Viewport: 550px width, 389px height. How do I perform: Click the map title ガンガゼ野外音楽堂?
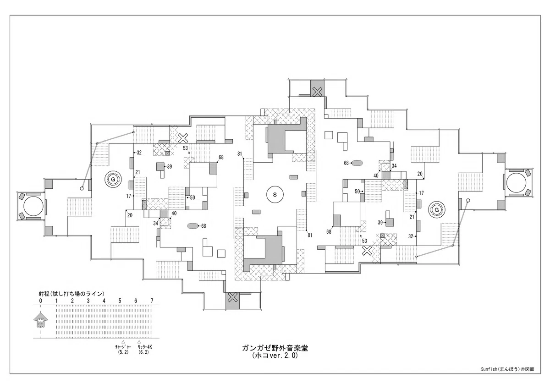pos(275,348)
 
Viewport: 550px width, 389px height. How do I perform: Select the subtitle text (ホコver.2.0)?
pos(275,356)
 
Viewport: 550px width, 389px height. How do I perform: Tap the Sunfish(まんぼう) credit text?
pos(507,376)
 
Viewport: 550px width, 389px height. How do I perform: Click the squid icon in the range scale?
pos(40,320)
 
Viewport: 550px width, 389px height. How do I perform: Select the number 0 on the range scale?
pos(40,301)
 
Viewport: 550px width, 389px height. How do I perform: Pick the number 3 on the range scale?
pos(88,301)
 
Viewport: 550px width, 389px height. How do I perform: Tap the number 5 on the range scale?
pos(120,301)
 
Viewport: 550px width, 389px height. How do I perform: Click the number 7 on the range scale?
pos(152,301)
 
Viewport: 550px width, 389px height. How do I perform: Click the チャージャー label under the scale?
pos(123,347)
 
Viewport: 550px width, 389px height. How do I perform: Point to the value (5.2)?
pos(123,352)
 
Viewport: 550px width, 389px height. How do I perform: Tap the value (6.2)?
pos(143,352)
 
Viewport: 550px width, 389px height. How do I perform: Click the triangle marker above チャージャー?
pos(123,342)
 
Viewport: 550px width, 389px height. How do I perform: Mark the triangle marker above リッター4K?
pos(139,342)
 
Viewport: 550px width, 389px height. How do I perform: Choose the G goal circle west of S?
pos(113,180)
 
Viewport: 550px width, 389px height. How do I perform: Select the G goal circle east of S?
pos(436,210)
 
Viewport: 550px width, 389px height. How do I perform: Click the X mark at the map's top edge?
pos(317,92)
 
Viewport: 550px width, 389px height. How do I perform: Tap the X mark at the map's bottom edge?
pos(232,298)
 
